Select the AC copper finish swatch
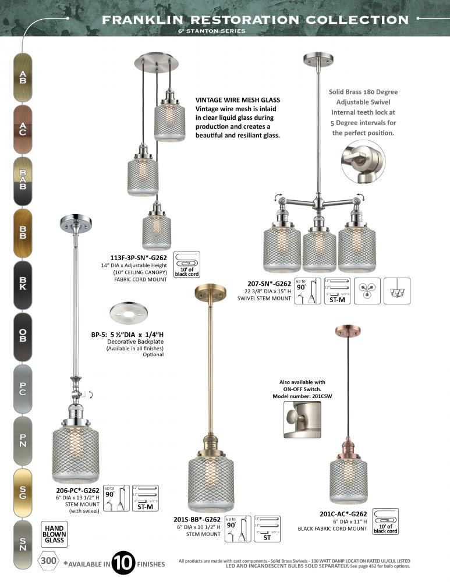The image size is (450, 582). coord(23,129)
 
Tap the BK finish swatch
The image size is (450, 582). coord(23,285)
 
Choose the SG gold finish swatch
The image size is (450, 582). coord(23,492)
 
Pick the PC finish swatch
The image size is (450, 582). coord(23,388)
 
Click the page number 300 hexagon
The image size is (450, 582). coord(49,561)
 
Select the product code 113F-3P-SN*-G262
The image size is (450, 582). coord(138,257)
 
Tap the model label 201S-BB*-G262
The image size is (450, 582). coord(197,519)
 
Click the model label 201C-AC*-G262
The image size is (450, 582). coord(343,514)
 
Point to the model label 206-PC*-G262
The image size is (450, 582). coord(74,490)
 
